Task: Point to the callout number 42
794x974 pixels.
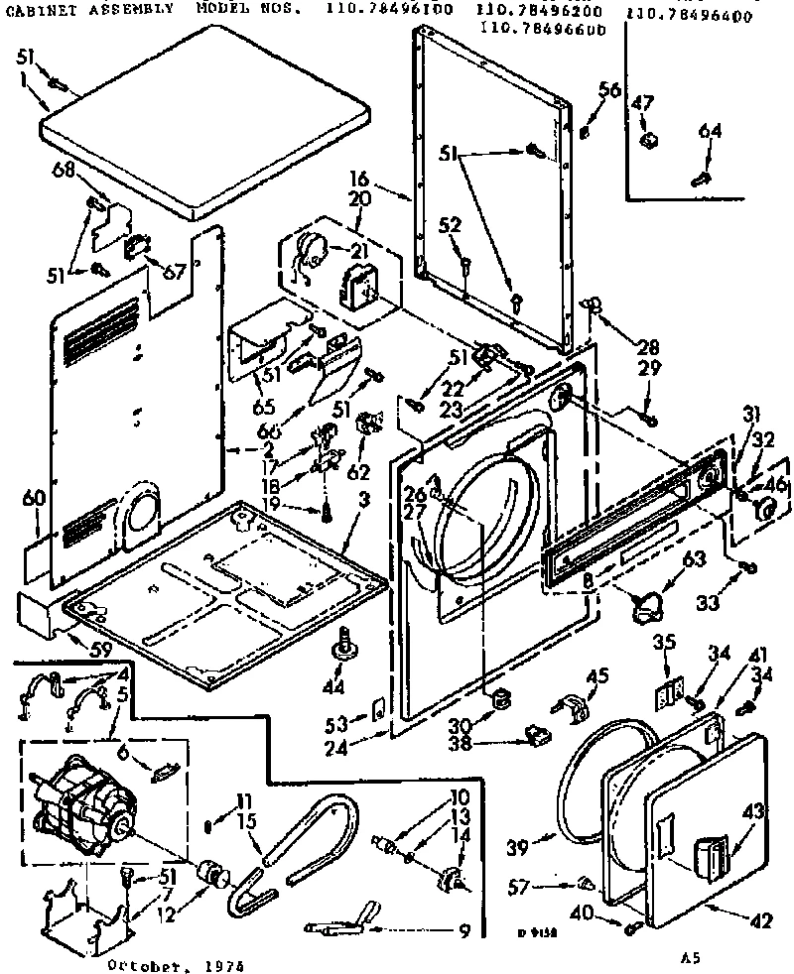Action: click(x=759, y=920)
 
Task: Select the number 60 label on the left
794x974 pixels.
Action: click(x=34, y=499)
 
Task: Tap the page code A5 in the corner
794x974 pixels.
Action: click(x=691, y=957)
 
